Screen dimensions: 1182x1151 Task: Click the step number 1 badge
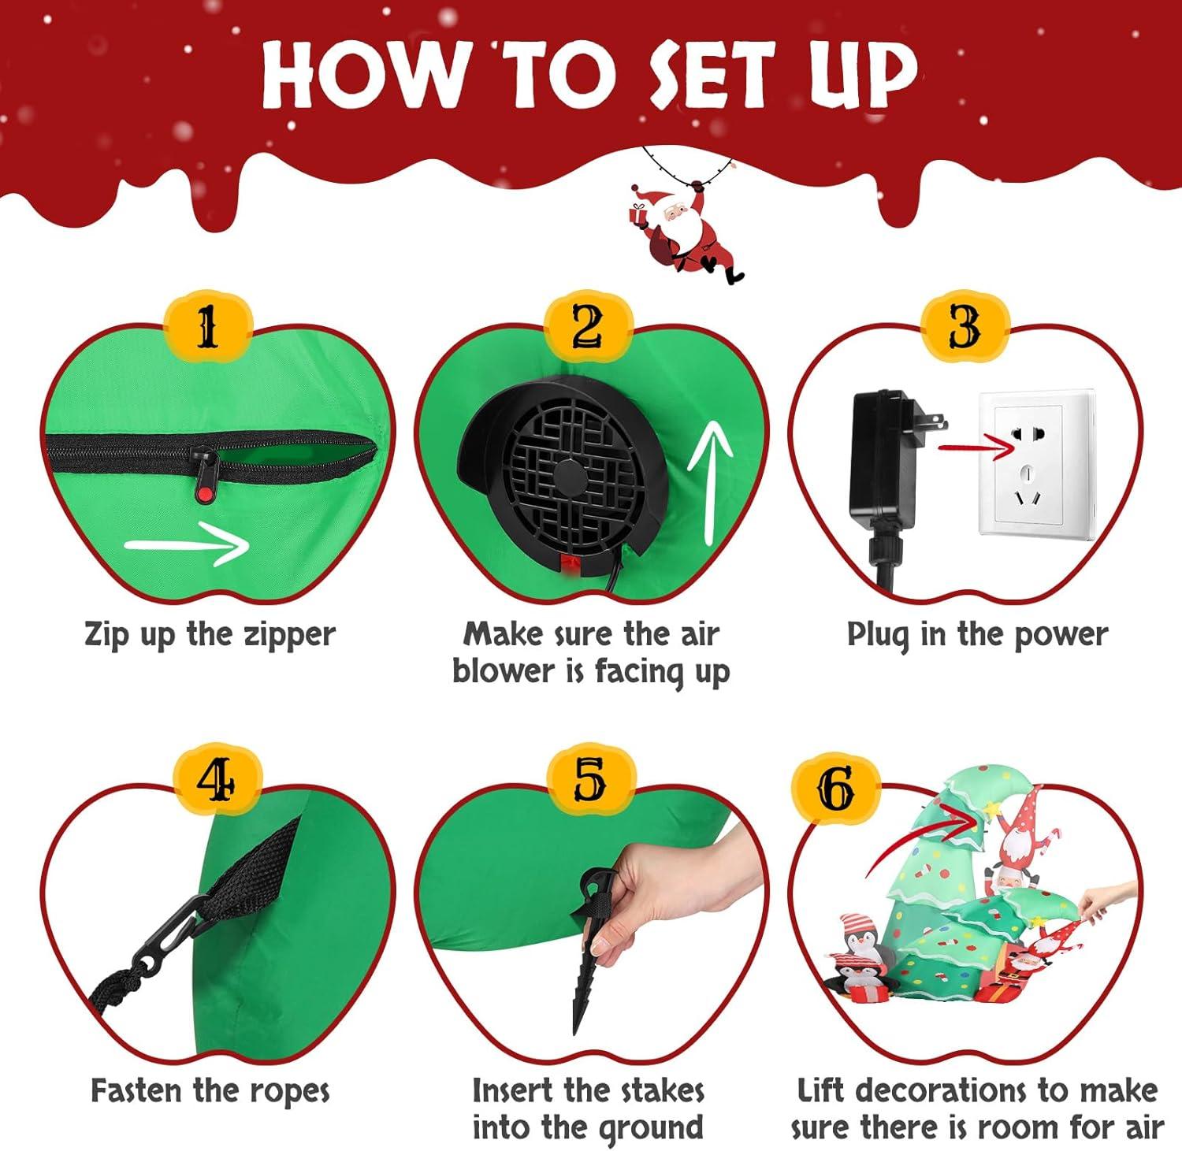[x=207, y=327]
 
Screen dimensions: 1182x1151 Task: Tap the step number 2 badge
[x=588, y=327]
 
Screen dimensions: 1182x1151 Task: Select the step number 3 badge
[x=965, y=327]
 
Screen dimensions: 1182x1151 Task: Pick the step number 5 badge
[x=589, y=782]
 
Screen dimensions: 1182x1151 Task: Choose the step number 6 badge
[x=835, y=788]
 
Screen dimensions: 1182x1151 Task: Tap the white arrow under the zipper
[x=187, y=544]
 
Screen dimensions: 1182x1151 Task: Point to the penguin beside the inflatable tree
[x=857, y=957]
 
